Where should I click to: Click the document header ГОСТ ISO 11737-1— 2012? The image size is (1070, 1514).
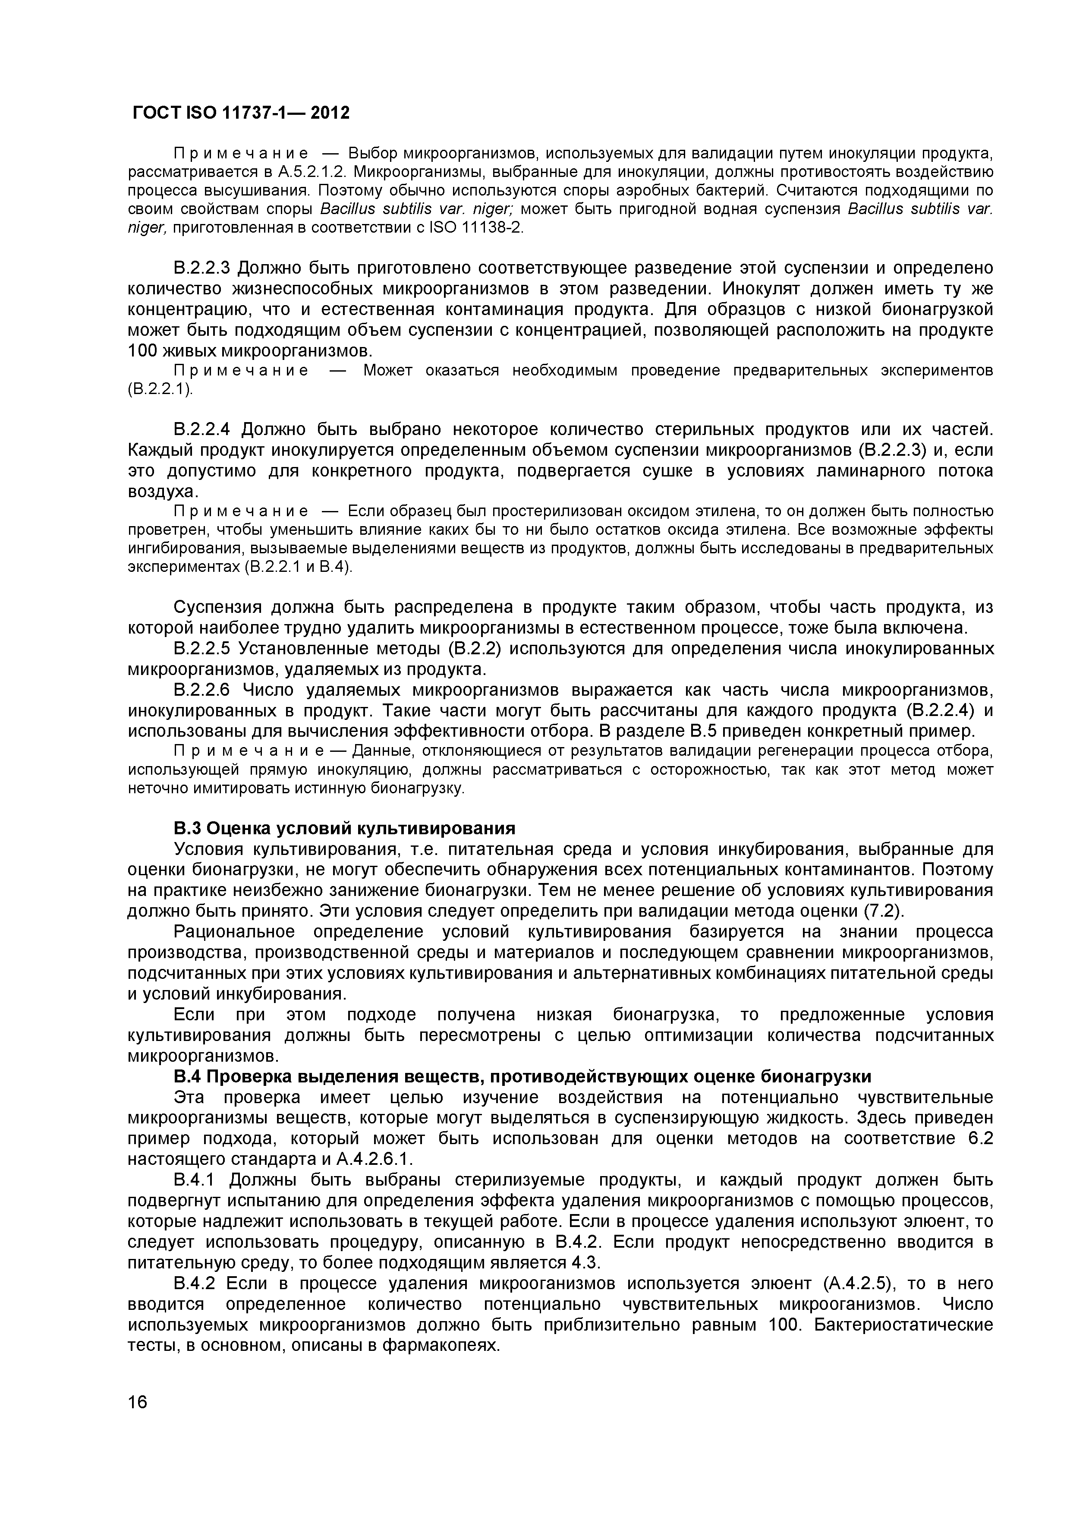(x=241, y=114)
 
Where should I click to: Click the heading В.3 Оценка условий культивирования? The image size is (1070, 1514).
(x=344, y=828)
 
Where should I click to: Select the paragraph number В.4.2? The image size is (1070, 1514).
(x=195, y=1284)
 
